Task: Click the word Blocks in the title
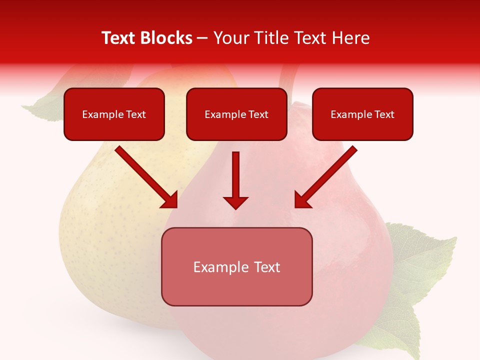[x=167, y=38]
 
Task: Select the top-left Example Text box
[x=114, y=114]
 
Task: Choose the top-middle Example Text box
[x=236, y=114]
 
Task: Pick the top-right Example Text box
[x=362, y=114]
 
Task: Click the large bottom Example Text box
[x=236, y=266]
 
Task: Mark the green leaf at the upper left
[x=42, y=107]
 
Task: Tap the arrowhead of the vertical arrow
[x=235, y=201]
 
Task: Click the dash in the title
[x=202, y=38]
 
